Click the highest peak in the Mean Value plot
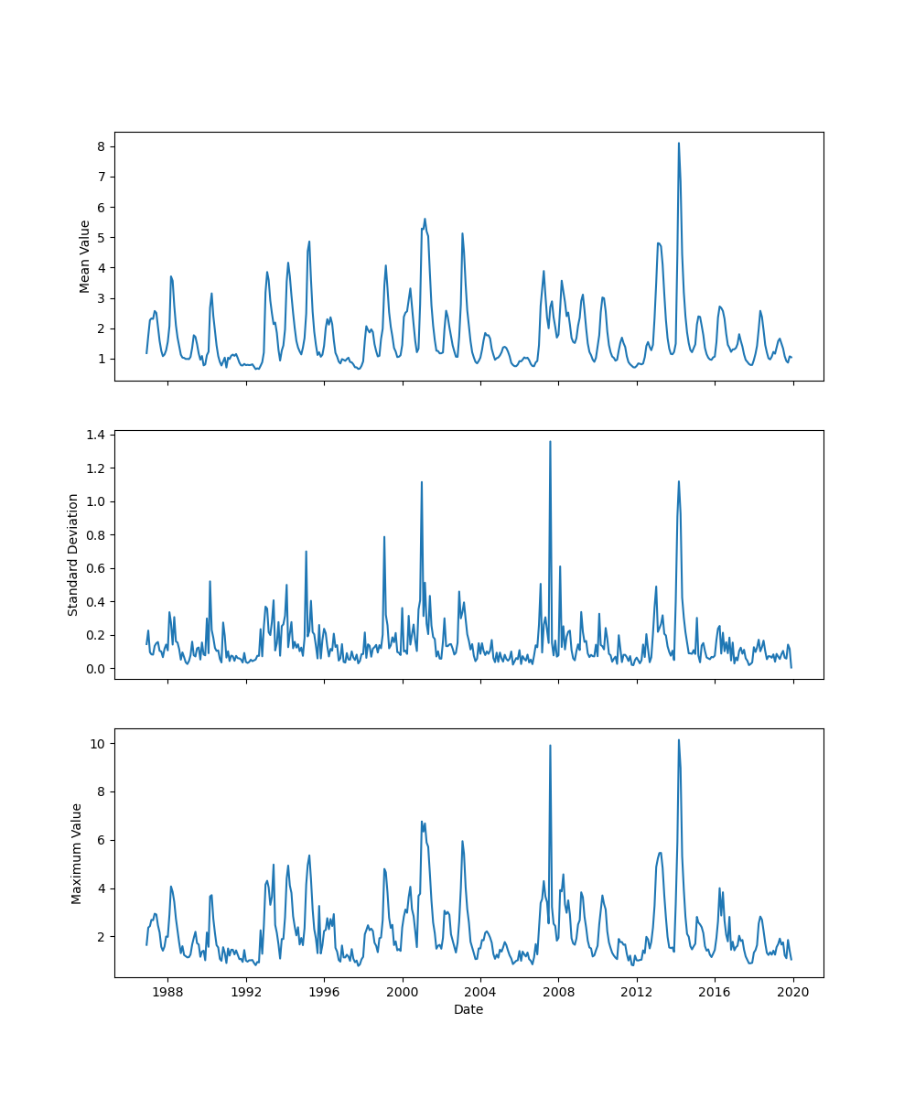point(679,144)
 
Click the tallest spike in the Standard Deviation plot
point(550,442)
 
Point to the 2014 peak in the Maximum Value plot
point(679,740)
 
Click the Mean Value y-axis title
point(85,256)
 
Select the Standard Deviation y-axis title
point(73,554)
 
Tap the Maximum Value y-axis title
point(77,854)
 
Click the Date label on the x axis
point(468,1010)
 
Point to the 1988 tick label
point(167,992)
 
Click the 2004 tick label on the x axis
point(480,992)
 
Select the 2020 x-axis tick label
point(793,992)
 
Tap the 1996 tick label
point(324,992)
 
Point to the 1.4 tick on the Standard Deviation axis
point(96,435)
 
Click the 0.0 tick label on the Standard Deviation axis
point(96,669)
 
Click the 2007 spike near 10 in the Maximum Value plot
point(550,746)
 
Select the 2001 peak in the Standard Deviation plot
point(422,482)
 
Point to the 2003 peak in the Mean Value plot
point(462,233)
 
